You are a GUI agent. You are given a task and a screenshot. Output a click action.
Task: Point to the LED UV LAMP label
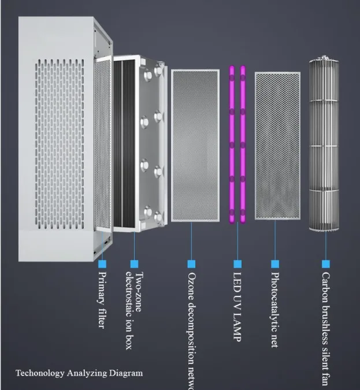[237, 306]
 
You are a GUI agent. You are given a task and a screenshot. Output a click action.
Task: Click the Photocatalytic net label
[275, 310]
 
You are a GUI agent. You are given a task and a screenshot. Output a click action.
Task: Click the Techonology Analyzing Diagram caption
[79, 373]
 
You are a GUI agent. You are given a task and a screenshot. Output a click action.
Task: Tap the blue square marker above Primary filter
[102, 263]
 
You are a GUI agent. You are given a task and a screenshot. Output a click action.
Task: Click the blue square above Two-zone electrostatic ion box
[135, 263]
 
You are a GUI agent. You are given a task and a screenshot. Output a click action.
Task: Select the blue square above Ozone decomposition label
[191, 263]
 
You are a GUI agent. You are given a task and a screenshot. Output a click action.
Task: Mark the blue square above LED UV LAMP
[237, 263]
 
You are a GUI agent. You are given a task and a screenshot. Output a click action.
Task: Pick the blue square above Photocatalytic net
[275, 263]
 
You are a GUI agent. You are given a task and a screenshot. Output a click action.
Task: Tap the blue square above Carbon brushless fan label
[325, 263]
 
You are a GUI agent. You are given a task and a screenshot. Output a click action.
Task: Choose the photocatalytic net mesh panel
[277, 146]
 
